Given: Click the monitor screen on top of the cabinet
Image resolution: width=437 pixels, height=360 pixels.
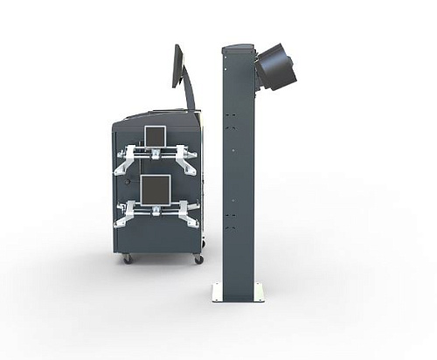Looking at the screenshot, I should [x=177, y=66].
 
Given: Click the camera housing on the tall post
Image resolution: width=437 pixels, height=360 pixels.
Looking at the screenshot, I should [x=275, y=67].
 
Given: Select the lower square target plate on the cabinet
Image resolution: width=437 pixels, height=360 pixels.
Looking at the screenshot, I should [x=156, y=188].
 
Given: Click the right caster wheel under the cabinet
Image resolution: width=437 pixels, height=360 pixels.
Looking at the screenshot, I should [x=198, y=259].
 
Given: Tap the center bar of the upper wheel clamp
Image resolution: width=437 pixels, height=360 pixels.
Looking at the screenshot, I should [x=156, y=154].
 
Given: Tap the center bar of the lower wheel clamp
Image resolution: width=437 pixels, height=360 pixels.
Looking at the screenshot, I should [x=156, y=209].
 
